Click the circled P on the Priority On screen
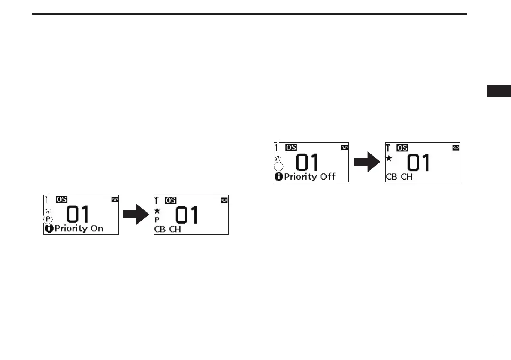pyautogui.click(x=48, y=219)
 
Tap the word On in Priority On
pyautogui.click(x=97, y=229)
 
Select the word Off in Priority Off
pyautogui.click(x=327, y=176)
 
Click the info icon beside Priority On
pyautogui.click(x=49, y=229)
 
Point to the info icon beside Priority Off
pyautogui.click(x=279, y=177)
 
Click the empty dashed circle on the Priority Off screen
pyautogui.click(x=279, y=167)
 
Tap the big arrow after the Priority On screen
pyautogui.click(x=136, y=214)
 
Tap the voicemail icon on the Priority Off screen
pyautogui.click(x=345, y=147)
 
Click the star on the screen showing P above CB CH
pyautogui.click(x=157, y=211)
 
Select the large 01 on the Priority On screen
pyautogui.click(x=77, y=215)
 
